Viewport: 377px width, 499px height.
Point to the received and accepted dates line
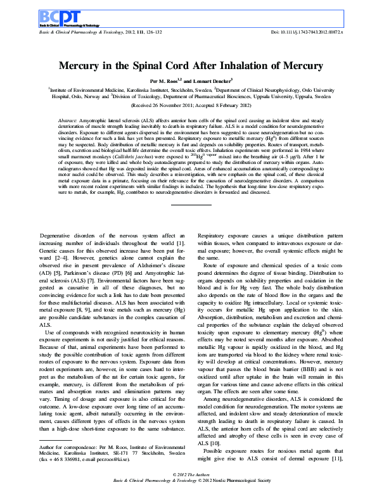(188, 106)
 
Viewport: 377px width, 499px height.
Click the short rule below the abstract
(188, 204)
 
